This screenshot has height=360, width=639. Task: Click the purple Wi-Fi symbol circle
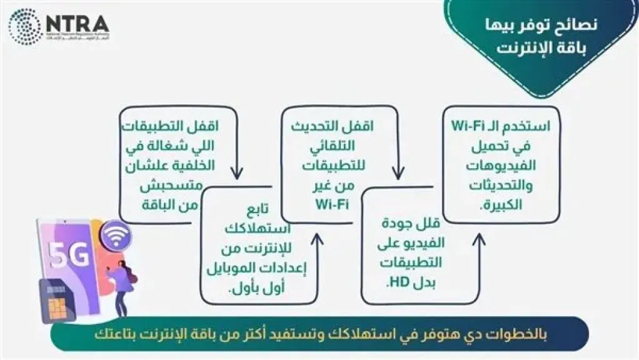(116, 236)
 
